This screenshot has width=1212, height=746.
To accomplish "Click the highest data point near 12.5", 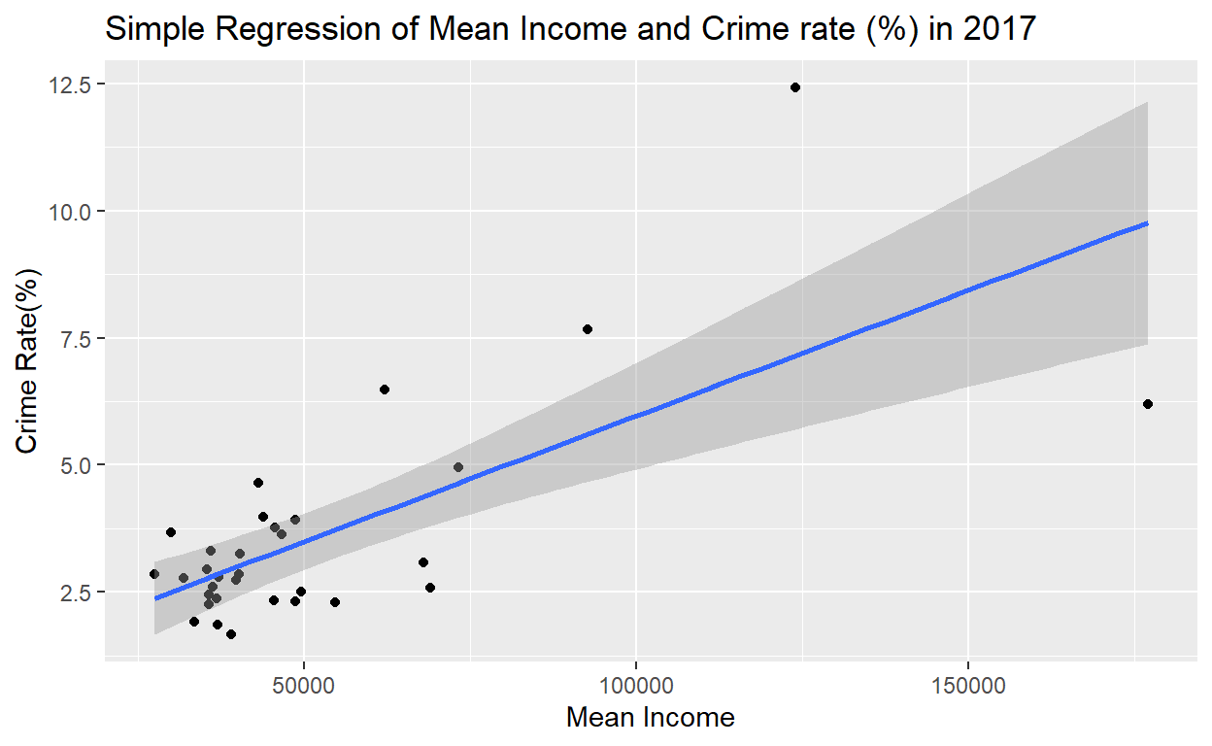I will point(794,87).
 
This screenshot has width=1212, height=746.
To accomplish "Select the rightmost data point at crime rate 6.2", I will point(1148,404).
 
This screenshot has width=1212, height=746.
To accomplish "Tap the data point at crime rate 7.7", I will point(588,329).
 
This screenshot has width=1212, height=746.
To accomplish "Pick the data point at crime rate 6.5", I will point(385,390).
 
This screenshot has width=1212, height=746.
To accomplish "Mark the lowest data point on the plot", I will point(231,634).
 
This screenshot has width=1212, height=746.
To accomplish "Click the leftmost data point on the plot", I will point(154,574).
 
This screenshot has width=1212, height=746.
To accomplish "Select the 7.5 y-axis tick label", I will point(76,338).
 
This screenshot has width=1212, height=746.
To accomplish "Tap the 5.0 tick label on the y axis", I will point(76,465).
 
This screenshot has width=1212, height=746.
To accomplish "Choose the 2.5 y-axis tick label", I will point(76,592).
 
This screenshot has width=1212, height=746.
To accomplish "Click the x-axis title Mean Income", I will point(650,719).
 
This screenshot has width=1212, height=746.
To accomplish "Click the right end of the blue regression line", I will point(1147,223).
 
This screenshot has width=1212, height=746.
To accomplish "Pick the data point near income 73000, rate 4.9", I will point(458,467).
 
